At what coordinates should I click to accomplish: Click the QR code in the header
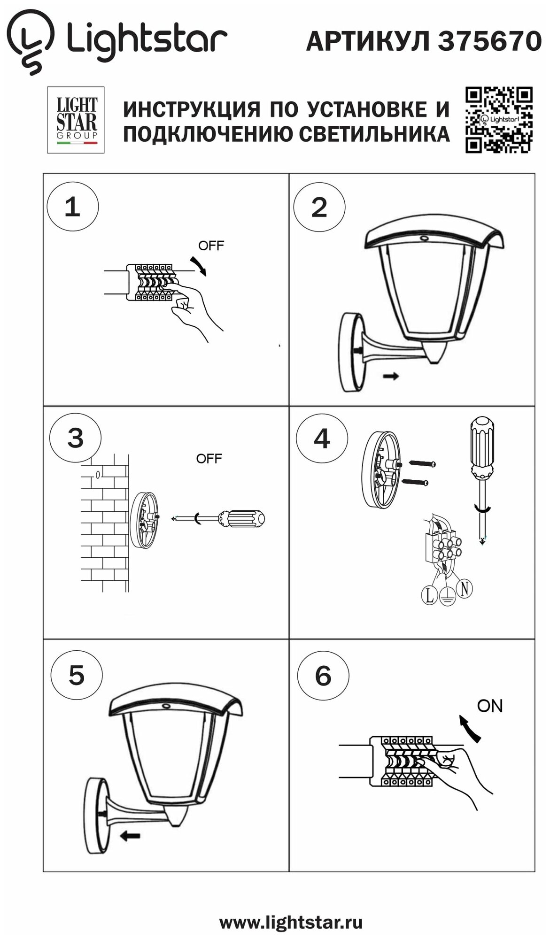499,120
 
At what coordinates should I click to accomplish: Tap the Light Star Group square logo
76,120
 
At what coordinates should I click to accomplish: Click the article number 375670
489,41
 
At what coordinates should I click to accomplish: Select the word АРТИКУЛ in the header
367,41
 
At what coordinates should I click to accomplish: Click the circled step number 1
73,207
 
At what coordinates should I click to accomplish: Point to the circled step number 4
322,439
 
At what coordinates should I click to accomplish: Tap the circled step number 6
323,677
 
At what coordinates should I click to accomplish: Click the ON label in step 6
489,706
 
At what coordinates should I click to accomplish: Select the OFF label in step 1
211,246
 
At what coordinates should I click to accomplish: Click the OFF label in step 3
209,459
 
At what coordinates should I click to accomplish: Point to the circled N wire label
464,588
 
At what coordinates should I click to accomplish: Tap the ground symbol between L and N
446,597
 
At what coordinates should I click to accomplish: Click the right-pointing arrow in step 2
391,376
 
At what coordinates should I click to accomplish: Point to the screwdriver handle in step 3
242,518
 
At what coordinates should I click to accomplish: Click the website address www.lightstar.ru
291,923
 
